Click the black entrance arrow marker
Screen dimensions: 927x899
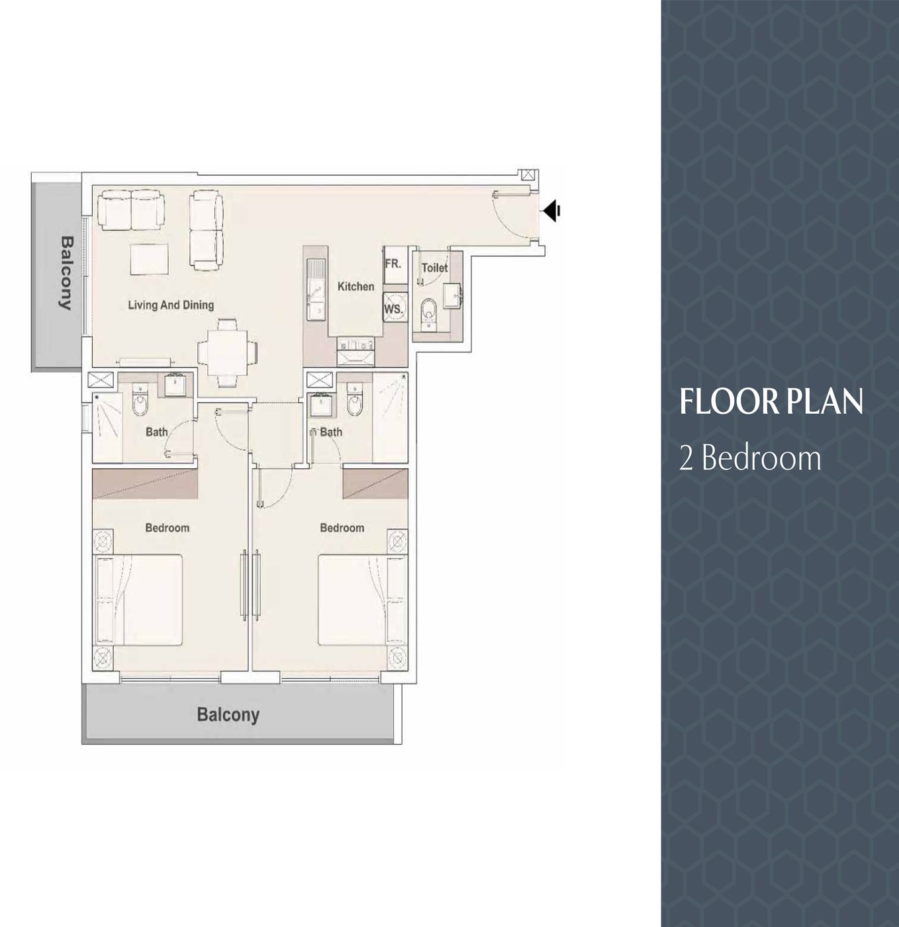(x=551, y=211)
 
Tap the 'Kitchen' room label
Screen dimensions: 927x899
(x=355, y=287)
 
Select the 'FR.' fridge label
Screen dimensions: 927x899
(x=393, y=264)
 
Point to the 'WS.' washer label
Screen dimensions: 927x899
(x=393, y=309)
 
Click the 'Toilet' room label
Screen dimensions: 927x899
(x=434, y=268)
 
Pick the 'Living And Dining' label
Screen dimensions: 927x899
(x=171, y=305)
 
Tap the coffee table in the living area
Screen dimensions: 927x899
(x=149, y=259)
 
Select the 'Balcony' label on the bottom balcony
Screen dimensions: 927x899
(x=228, y=714)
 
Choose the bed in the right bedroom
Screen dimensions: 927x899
(x=361, y=600)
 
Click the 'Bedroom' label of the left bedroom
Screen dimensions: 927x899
(x=167, y=528)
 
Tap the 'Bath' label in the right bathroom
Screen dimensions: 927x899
(x=332, y=432)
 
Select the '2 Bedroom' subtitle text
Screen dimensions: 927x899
(x=750, y=458)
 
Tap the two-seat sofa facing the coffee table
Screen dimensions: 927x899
(x=130, y=210)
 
